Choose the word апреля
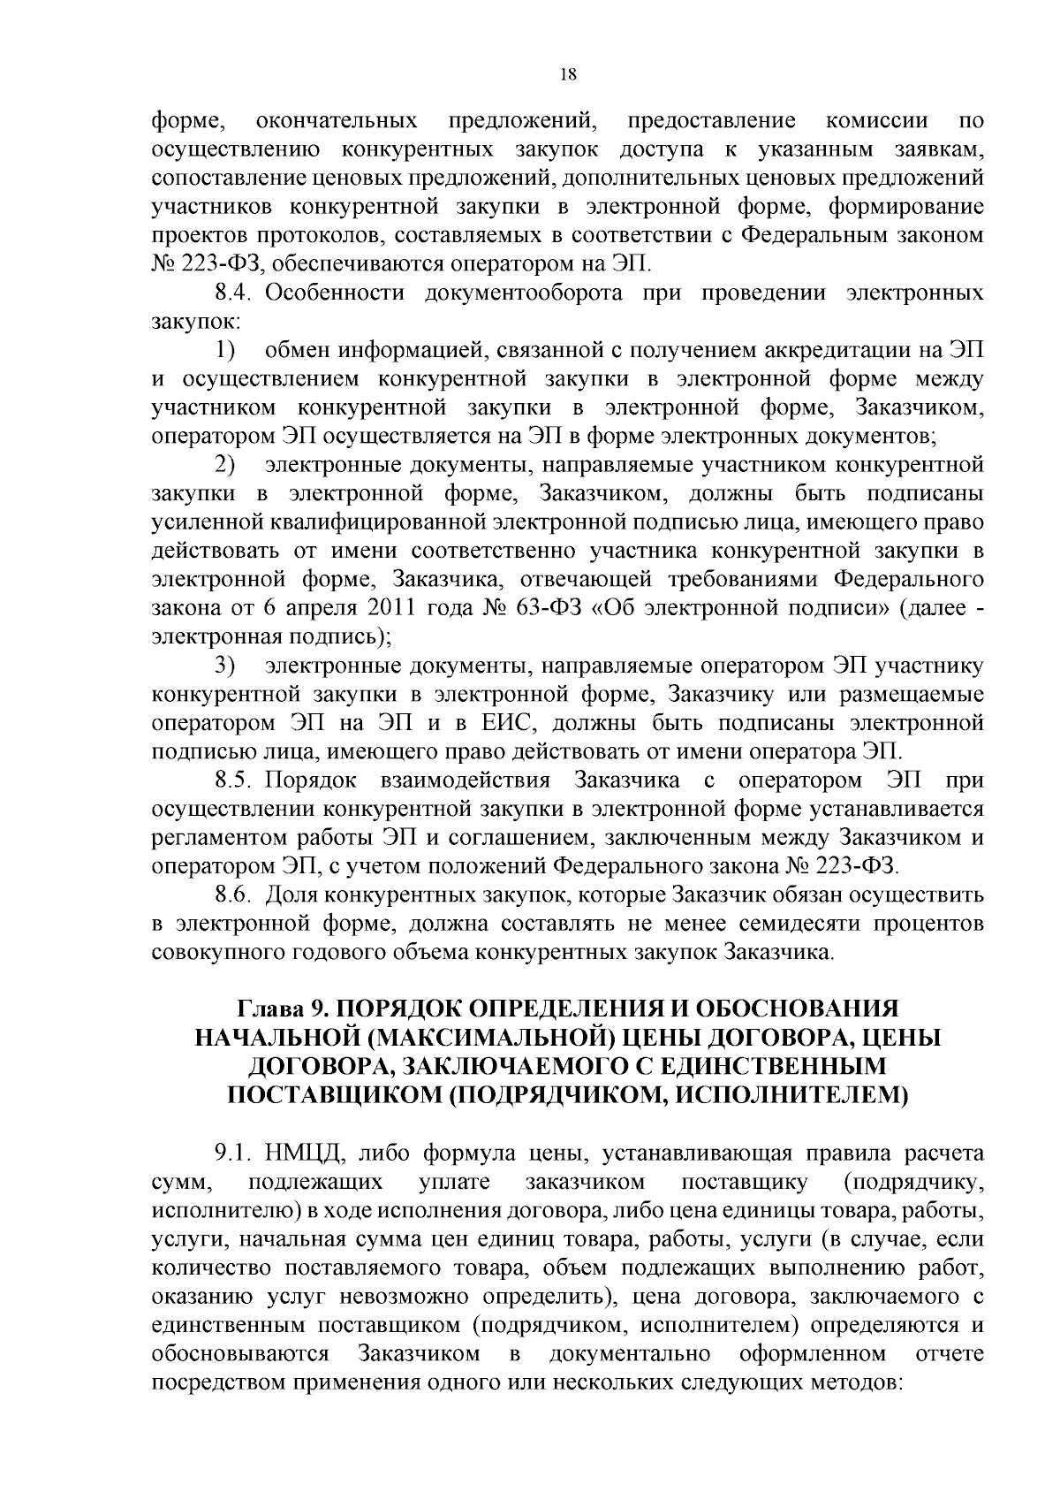tap(320, 608)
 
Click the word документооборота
tap(525, 293)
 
